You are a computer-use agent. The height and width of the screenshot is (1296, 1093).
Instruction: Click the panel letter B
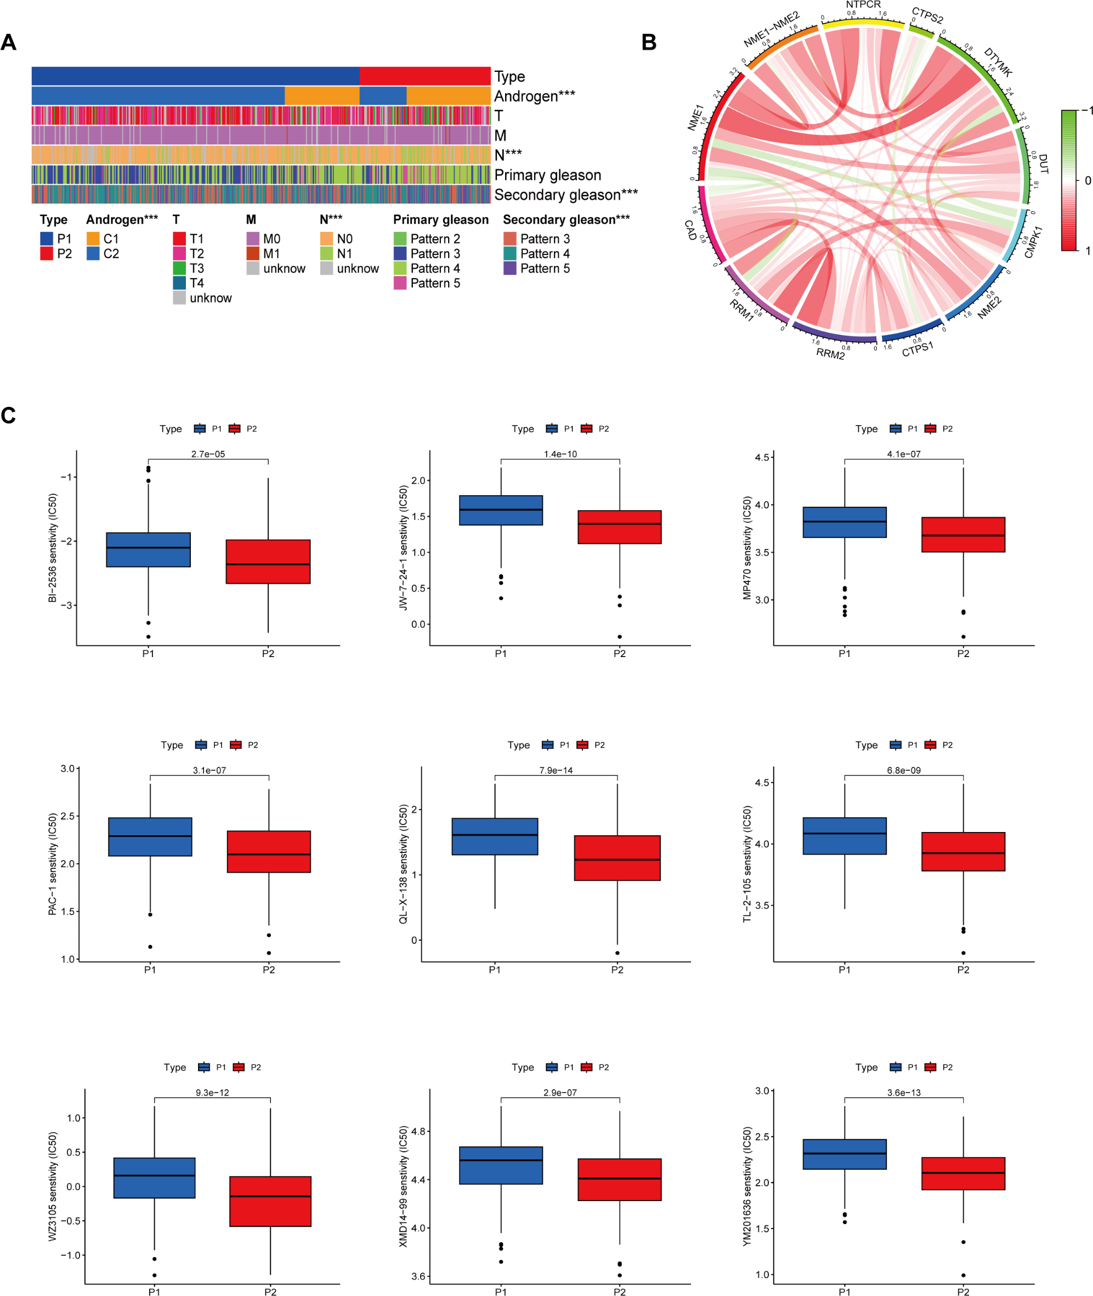coord(648,42)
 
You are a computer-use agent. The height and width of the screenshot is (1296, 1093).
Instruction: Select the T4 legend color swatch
coord(179,283)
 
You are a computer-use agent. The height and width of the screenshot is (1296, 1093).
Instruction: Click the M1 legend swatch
coord(253,254)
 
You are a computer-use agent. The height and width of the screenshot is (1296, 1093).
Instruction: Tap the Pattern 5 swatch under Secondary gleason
coord(510,268)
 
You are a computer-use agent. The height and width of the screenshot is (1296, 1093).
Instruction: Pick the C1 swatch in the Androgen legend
coord(93,239)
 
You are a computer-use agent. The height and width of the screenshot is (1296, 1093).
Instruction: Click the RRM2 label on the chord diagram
coord(830,354)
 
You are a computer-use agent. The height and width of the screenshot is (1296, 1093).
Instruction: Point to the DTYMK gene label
coord(998,62)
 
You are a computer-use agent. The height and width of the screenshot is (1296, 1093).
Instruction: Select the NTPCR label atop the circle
coord(863,5)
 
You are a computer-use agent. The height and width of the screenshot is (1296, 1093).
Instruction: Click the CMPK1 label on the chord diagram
coord(1033,242)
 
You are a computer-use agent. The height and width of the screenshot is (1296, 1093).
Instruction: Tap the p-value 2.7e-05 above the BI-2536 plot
coord(208,454)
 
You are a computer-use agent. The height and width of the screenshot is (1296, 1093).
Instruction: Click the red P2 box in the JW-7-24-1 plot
coord(620,527)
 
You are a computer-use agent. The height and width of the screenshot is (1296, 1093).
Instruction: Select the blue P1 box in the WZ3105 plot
coord(154,1178)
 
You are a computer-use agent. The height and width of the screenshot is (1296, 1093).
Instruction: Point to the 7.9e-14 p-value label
coord(556,770)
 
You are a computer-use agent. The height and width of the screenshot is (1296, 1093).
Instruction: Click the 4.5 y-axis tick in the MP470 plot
coord(762,457)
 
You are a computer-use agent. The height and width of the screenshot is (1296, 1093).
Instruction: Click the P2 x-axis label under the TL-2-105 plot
coord(963,970)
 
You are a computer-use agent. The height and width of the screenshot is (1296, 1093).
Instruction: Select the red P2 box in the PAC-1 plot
coord(269,851)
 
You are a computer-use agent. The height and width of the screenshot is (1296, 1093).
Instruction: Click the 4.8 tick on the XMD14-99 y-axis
coord(418,1131)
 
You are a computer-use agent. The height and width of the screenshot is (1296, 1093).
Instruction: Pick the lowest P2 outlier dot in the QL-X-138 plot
coord(617,953)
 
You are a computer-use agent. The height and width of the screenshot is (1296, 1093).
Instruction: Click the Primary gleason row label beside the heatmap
coord(548,176)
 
